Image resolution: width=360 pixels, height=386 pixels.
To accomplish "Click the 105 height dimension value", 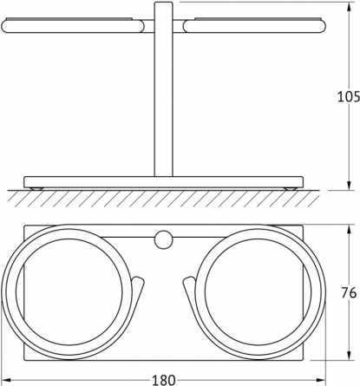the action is [349, 96].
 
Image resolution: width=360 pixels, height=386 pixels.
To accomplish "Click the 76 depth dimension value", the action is [349, 293].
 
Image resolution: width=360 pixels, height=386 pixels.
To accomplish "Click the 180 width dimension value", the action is [163, 380].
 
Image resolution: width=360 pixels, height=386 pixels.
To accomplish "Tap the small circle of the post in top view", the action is [163, 239].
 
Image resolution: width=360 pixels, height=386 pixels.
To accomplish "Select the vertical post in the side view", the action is [163, 89].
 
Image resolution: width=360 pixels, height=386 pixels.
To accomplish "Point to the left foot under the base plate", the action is [36, 189].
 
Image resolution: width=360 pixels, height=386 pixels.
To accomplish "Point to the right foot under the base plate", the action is [290, 189].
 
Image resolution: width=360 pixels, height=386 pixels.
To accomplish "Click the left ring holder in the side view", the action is [73, 25].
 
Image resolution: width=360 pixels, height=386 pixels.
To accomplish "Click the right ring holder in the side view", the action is [254, 25].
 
